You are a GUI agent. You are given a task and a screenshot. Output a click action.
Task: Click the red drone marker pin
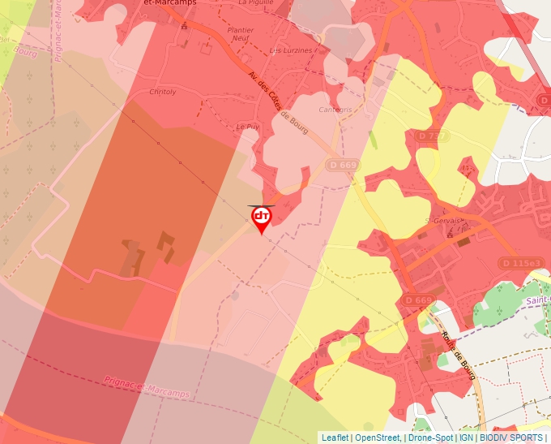(x=261, y=218)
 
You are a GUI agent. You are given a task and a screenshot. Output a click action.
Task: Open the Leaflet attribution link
(x=335, y=438)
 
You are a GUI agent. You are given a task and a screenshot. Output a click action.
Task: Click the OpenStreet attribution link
(x=377, y=438)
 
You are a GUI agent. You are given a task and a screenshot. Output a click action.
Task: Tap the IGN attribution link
(x=467, y=438)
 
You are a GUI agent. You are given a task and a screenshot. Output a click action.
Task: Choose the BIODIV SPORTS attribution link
(x=510, y=438)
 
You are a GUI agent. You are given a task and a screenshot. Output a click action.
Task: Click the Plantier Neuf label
(x=241, y=34)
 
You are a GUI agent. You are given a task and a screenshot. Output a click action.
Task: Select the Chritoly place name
(x=163, y=93)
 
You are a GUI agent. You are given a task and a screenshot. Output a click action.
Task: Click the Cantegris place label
(x=335, y=109)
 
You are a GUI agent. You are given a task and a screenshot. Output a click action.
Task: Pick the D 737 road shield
(x=433, y=136)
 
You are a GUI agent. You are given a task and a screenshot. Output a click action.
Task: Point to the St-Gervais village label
(x=442, y=220)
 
